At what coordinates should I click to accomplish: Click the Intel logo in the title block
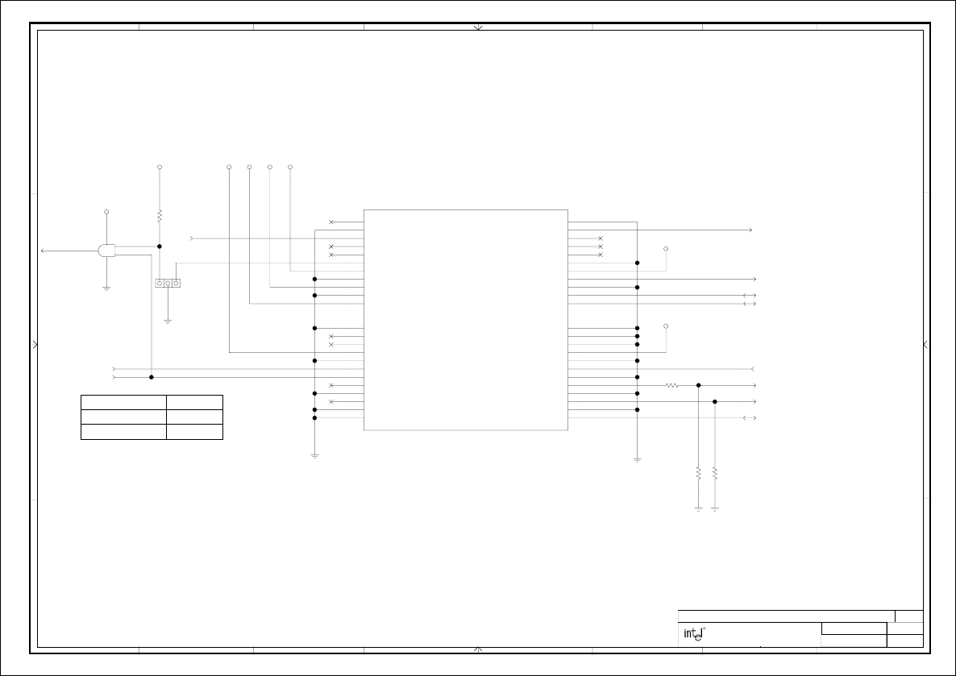[x=694, y=634]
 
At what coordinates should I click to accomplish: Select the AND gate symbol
[x=106, y=251]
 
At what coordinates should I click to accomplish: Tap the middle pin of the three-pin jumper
[x=168, y=283]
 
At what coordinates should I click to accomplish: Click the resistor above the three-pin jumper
[x=160, y=216]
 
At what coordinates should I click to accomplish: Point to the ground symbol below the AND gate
[x=106, y=288]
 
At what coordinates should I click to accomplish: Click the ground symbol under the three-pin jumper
[x=168, y=321]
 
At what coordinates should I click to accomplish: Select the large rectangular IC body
[x=466, y=320]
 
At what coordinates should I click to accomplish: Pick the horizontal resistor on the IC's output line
[x=672, y=385]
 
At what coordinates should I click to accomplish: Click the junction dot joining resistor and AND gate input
[x=160, y=247]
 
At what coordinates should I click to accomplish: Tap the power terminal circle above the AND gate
[x=106, y=212]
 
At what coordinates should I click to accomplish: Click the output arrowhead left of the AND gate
[x=44, y=251]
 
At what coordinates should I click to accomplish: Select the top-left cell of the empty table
[x=123, y=402]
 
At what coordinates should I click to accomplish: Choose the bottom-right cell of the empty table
[x=194, y=432]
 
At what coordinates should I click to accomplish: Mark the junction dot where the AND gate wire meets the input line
[x=152, y=377]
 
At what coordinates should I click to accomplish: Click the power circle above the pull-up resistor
[x=160, y=167]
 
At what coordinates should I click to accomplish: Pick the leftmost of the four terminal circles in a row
[x=229, y=167]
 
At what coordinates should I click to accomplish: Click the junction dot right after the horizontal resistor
[x=698, y=385]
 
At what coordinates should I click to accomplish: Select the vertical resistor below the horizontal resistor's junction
[x=698, y=473]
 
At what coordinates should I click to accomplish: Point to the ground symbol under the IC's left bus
[x=314, y=456]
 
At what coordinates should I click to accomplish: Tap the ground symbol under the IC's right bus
[x=637, y=459]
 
